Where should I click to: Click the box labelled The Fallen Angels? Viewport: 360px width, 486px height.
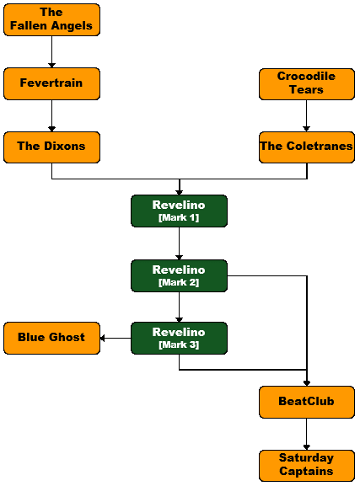click(51, 20)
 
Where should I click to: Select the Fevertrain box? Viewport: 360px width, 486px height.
click(51, 83)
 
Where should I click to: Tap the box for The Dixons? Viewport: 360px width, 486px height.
click(51, 147)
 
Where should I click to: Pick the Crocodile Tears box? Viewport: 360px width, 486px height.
click(307, 84)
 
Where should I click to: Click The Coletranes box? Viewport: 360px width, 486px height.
click(307, 147)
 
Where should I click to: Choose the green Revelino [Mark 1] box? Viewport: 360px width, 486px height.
click(179, 211)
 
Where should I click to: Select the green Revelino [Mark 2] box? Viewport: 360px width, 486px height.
click(179, 276)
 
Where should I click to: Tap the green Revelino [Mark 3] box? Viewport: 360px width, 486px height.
click(179, 338)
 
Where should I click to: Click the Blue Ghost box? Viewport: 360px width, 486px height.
click(51, 338)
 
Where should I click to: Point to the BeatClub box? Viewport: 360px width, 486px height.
click(307, 402)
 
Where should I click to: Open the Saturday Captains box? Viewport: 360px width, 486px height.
click(307, 466)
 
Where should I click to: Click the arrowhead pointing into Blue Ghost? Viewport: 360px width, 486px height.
click(102, 338)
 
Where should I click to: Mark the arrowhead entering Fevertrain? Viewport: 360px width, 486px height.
click(51, 66)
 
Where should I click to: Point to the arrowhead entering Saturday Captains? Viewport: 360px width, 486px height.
click(307, 447)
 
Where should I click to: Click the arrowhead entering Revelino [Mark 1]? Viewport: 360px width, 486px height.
click(179, 193)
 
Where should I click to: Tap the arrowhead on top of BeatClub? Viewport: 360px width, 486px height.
click(307, 383)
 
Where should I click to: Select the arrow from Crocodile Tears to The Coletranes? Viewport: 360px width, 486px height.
click(306, 115)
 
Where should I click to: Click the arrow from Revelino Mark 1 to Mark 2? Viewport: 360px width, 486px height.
click(179, 243)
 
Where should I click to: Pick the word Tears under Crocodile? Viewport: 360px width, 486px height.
click(306, 89)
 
